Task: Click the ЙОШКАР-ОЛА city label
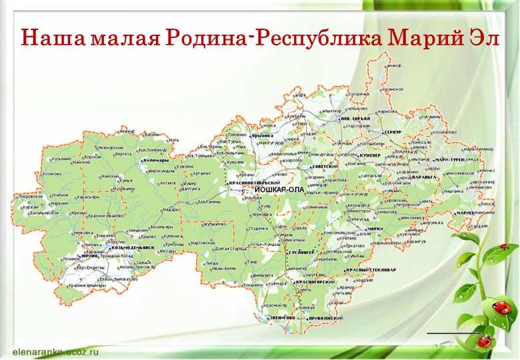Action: [279, 189]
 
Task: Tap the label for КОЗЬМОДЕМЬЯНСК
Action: [133, 248]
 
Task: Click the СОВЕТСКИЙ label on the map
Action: [326, 167]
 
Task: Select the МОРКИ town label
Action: [375, 228]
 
